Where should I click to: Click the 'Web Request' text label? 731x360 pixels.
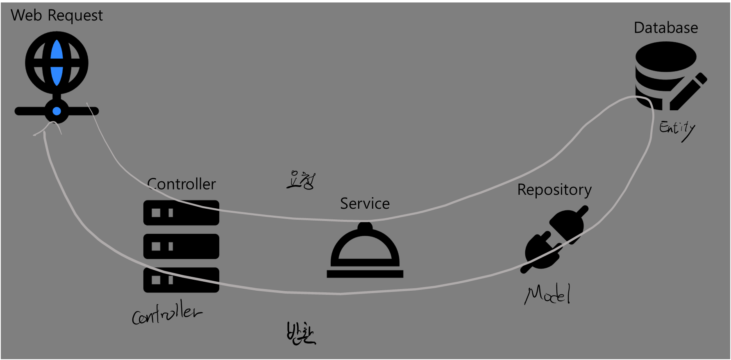[57, 16]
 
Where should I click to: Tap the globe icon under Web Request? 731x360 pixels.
[57, 63]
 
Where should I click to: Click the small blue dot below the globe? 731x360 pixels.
[57, 111]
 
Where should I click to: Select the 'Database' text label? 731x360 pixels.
[665, 28]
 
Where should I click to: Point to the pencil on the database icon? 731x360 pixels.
[689, 92]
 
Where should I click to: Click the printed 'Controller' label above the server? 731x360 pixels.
[182, 184]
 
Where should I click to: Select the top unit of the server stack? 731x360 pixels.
[181, 212]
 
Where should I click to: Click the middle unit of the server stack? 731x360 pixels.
[181, 246]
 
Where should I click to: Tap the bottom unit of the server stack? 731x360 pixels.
[181, 280]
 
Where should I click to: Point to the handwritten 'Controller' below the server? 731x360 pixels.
[166, 314]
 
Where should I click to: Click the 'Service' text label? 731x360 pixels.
[365, 204]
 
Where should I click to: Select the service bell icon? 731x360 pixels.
[365, 252]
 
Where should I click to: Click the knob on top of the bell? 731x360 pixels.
[365, 226]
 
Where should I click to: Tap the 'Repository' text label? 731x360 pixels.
[554, 190]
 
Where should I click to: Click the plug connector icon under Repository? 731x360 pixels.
[556, 240]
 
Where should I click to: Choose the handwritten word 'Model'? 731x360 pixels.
[548, 294]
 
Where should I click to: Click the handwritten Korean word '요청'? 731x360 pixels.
[301, 180]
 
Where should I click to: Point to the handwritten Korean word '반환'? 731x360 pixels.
[301, 334]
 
